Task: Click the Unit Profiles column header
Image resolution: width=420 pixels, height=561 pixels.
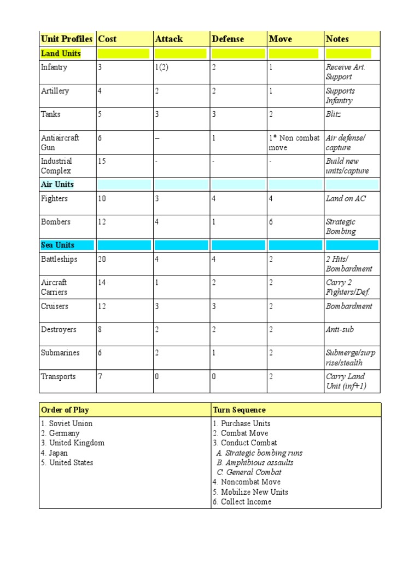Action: (66, 39)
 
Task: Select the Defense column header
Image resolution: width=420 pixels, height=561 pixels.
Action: (227, 39)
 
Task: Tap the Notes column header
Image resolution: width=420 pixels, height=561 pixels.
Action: (337, 39)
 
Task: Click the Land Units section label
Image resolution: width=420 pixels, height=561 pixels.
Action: (61, 53)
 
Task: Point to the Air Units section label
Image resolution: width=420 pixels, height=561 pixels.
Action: (57, 184)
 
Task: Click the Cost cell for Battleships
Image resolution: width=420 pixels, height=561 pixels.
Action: (102, 259)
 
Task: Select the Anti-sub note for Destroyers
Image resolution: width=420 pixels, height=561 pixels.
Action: (340, 329)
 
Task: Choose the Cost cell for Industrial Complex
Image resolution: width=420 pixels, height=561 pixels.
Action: (102, 161)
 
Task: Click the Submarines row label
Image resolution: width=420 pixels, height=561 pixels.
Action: (60, 353)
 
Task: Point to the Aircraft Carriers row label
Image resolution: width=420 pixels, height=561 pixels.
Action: (54, 287)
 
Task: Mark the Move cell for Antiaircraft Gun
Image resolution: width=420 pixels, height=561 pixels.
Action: (294, 142)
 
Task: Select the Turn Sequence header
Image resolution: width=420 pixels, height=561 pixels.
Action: (240, 410)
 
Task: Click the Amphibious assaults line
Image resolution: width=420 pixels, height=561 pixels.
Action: (255, 462)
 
